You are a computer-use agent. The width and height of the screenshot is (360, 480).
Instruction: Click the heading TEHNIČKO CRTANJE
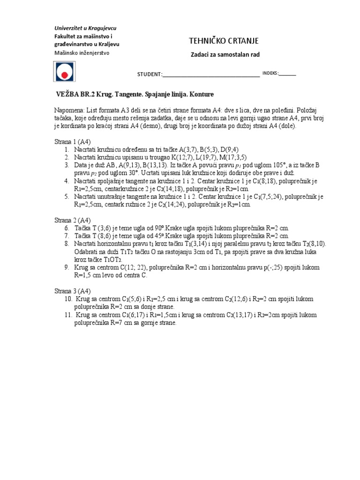click(224, 41)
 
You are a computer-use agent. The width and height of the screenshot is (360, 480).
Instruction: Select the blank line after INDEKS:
click(287, 74)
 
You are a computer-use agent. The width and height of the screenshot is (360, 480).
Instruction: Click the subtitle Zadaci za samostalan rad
click(225, 55)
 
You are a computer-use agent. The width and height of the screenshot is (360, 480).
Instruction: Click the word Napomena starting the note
click(67, 109)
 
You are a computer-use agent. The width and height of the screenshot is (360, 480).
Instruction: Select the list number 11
click(68, 315)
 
